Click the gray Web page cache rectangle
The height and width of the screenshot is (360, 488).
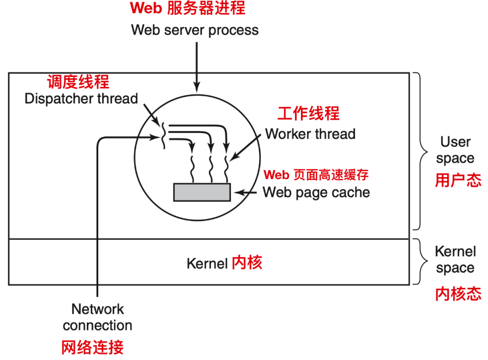click(202, 192)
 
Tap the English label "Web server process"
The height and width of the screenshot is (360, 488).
click(194, 30)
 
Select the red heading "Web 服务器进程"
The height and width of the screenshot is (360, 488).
click(187, 8)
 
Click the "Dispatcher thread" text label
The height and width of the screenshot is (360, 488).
click(81, 99)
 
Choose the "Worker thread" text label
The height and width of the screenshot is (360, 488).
click(310, 133)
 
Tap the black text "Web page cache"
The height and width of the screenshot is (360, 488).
click(316, 192)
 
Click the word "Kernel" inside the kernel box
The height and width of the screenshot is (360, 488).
click(207, 263)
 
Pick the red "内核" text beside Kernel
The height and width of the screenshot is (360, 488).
click(247, 262)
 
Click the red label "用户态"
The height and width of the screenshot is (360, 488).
click(458, 180)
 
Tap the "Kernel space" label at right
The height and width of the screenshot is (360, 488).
click(455, 260)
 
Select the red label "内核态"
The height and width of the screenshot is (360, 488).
click(458, 294)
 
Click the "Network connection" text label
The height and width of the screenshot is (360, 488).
click(97, 317)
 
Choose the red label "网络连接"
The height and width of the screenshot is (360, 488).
click(92, 347)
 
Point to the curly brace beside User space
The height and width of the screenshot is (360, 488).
click(419, 151)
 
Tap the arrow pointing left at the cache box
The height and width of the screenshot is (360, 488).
click(246, 193)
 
